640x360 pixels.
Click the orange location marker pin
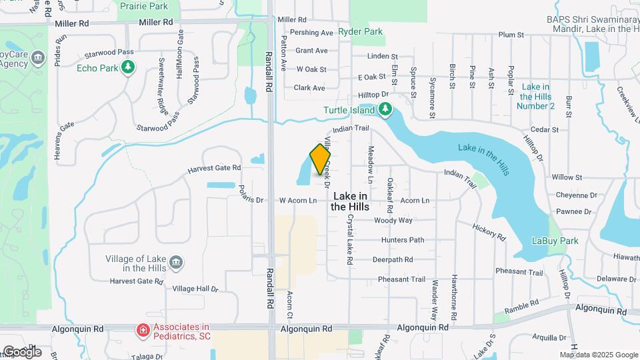click(320, 159)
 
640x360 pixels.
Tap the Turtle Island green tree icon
click(384, 109)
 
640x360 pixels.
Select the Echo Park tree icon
click(128, 67)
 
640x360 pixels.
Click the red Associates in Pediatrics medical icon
click(142, 330)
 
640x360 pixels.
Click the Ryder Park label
click(360, 31)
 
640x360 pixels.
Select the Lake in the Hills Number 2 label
click(536, 97)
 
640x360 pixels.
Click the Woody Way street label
click(393, 221)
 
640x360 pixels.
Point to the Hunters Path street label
click(403, 240)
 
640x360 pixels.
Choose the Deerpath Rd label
click(393, 259)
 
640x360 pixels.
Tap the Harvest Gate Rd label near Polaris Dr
click(213, 168)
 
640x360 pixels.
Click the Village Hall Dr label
click(195, 289)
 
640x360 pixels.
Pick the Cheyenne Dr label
click(574, 195)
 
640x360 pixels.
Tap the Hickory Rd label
click(489, 231)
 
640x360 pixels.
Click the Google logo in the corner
click(22, 351)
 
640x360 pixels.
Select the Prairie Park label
click(145, 5)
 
